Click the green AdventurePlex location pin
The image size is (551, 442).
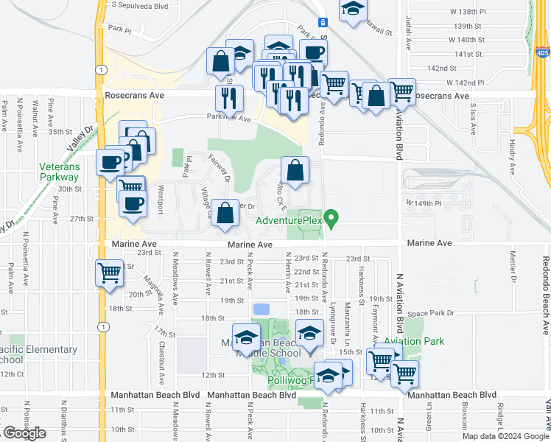coord(331,219)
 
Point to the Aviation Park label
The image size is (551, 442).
coord(413,342)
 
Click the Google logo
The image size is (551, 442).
coord(24,433)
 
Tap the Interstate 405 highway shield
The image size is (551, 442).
coord(543,52)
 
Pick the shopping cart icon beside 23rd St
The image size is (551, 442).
coord(110,273)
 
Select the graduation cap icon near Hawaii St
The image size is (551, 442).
coord(354,10)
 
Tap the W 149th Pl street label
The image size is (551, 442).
coord(422,203)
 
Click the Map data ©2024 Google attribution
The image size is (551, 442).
coord(504,436)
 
